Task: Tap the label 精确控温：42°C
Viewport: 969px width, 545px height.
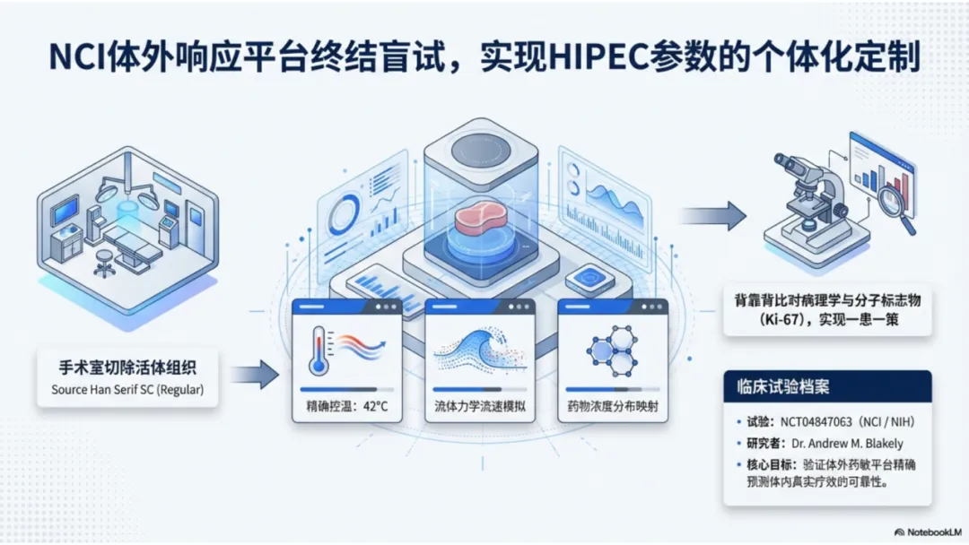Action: tap(345, 406)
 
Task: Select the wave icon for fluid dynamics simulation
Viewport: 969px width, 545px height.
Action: tap(474, 351)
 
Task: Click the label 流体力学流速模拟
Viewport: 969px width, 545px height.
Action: tap(480, 406)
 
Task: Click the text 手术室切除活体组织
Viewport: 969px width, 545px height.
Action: tap(127, 368)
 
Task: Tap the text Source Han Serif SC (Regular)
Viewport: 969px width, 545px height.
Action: tap(127, 390)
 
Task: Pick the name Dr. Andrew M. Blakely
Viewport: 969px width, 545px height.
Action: tap(847, 443)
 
